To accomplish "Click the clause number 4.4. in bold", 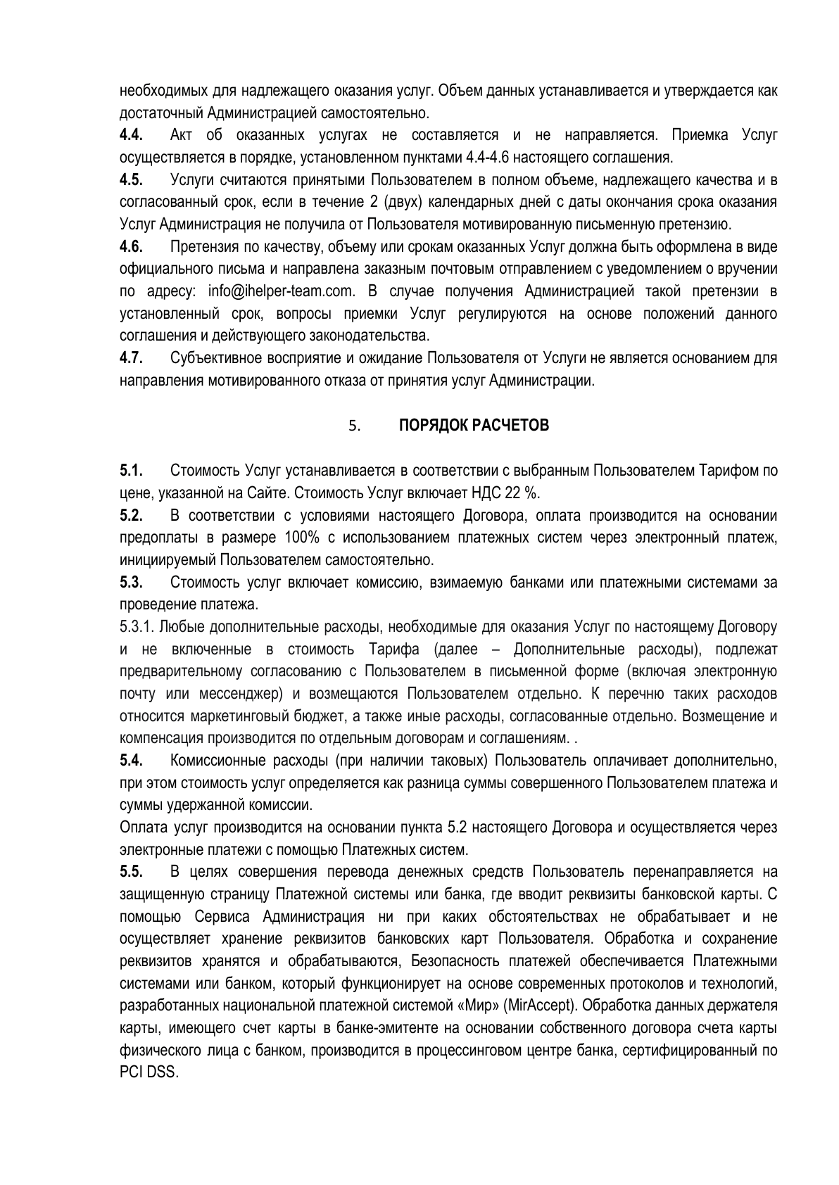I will coord(132,135).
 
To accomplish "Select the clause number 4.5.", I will coord(132,180).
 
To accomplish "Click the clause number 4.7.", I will coord(132,358).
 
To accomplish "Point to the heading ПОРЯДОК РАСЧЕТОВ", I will coord(474,426).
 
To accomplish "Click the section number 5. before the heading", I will coord(354,426).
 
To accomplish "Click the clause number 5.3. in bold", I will coord(132,582).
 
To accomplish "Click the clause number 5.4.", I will coord(132,761).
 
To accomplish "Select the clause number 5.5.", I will coord(132,872).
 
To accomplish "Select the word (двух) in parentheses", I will coord(403,203).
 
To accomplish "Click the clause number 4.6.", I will coord(132,247).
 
